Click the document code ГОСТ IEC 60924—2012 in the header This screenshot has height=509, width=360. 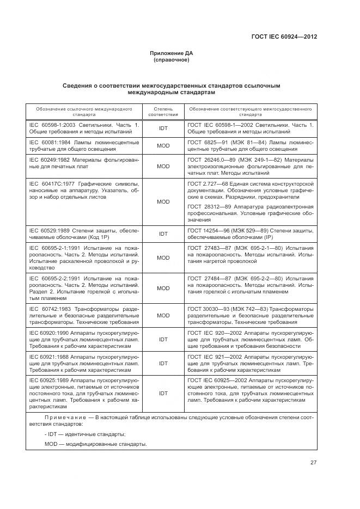point(284,37)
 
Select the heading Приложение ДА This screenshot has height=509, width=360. point(171,53)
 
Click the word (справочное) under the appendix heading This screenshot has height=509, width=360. point(171,60)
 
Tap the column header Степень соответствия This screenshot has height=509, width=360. point(163,112)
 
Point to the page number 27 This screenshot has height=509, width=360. point(314,463)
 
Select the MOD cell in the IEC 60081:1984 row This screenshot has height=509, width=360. point(163,146)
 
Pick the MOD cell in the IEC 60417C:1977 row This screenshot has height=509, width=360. point(163,201)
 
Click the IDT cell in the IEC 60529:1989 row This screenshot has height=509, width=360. point(163,234)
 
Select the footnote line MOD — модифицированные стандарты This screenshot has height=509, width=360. point(95,444)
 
